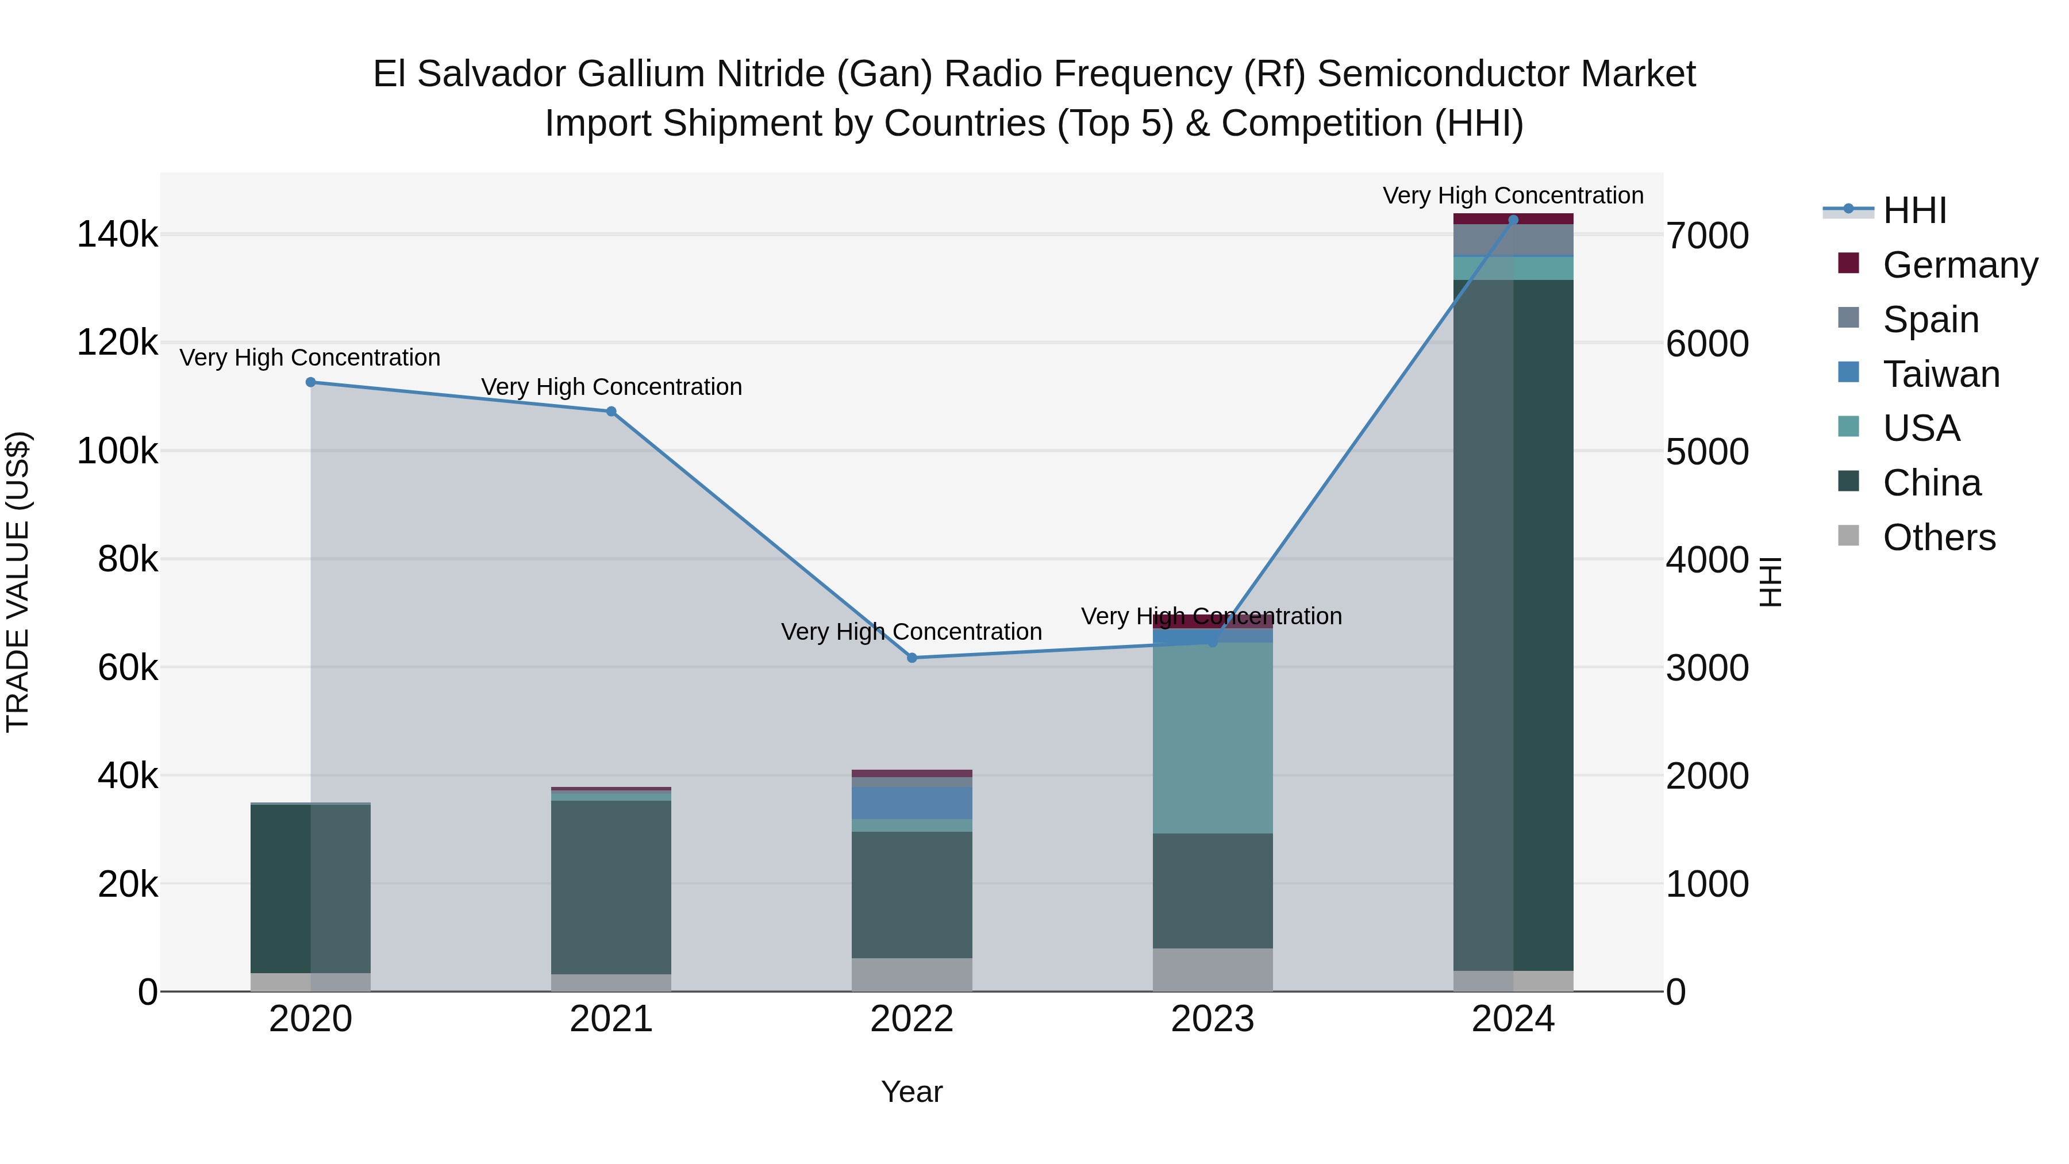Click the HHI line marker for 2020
pyautogui.click(x=311, y=382)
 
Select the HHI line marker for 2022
pyautogui.click(x=912, y=658)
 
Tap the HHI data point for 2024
pyautogui.click(x=1513, y=220)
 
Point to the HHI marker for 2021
pyautogui.click(x=612, y=412)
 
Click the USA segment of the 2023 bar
pyautogui.click(x=1213, y=737)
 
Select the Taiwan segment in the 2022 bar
pyautogui.click(x=912, y=802)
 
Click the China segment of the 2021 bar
pyautogui.click(x=612, y=887)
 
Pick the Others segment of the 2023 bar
pyautogui.click(x=1213, y=970)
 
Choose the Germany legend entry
pyautogui.click(x=1960, y=265)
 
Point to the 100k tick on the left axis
pyautogui.click(x=117, y=451)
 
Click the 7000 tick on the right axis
pyautogui.click(x=1707, y=236)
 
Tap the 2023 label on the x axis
pyautogui.click(x=1213, y=1019)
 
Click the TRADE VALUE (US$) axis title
pyautogui.click(x=18, y=582)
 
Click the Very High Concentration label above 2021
pyautogui.click(x=612, y=387)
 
